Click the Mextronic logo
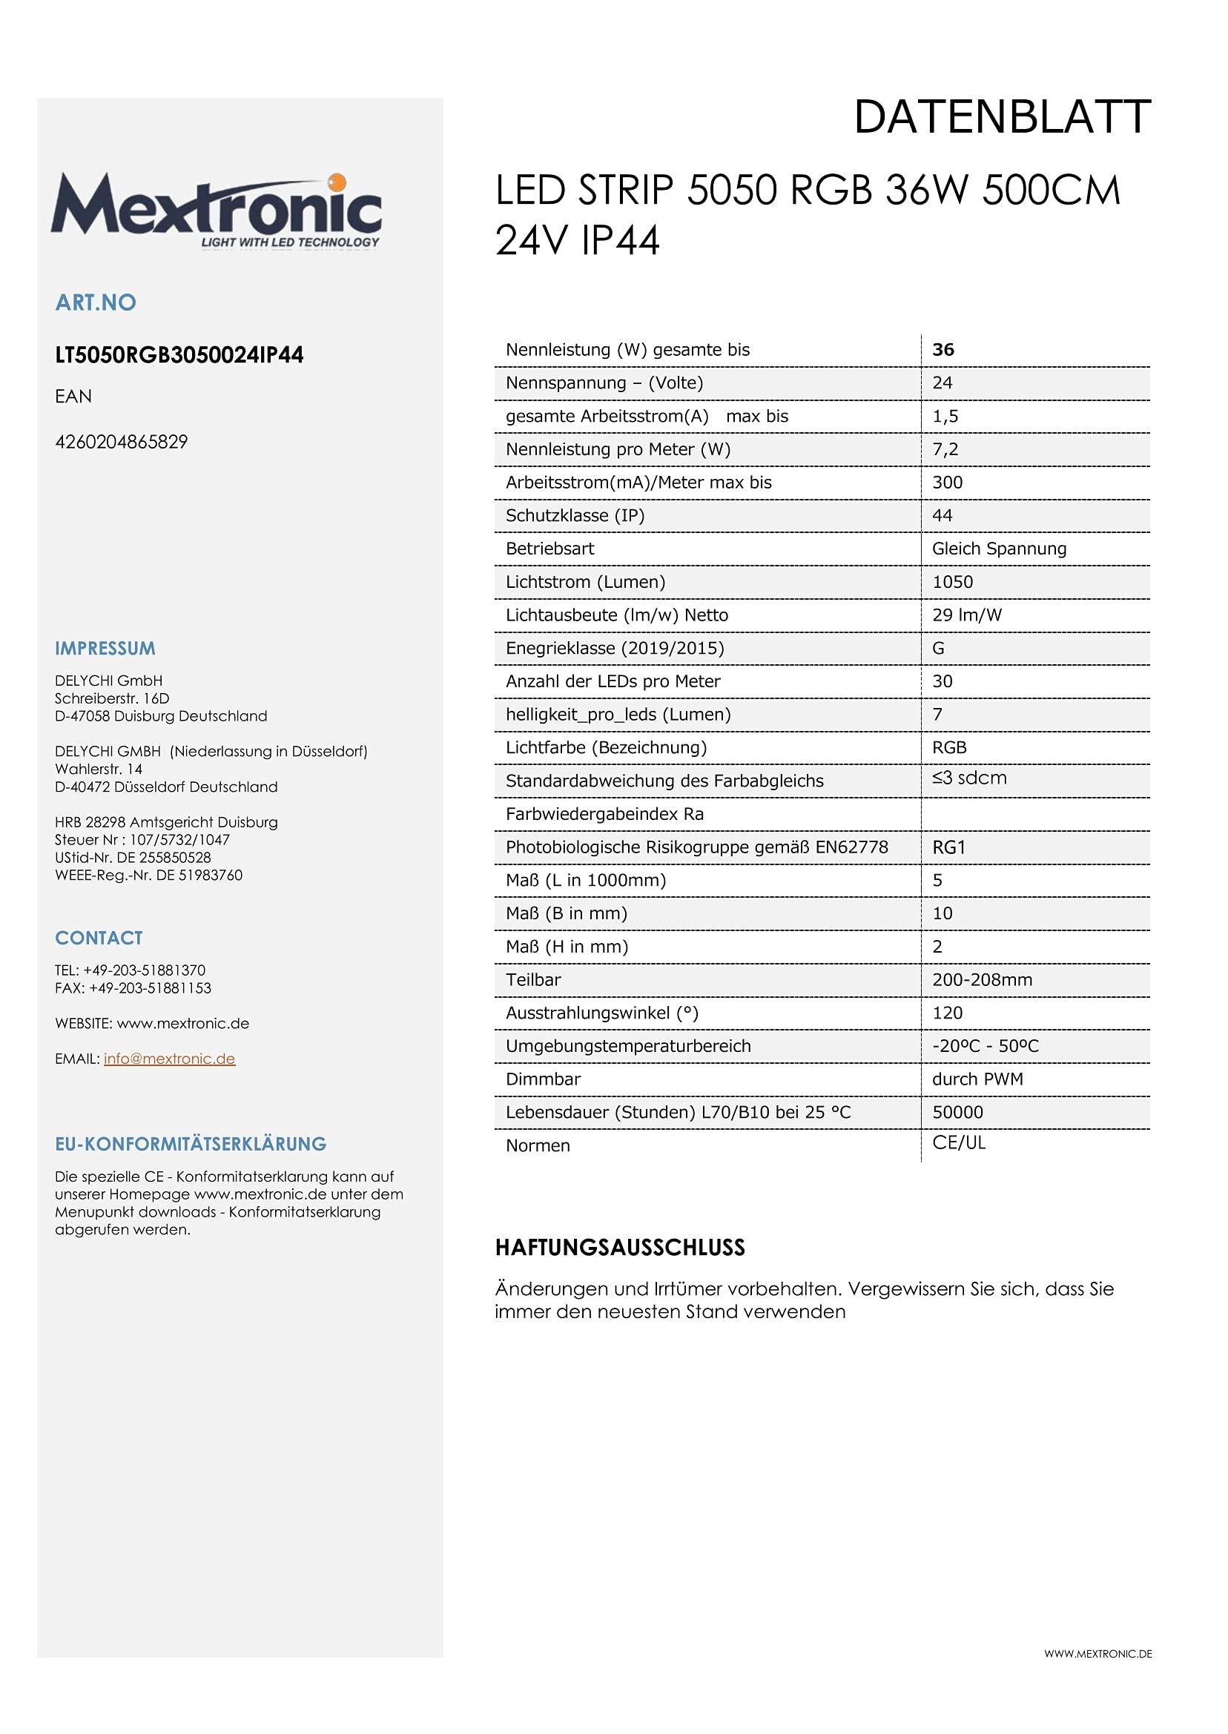point(217,210)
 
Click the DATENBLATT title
point(1002,118)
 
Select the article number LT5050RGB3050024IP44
point(179,355)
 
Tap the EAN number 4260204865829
point(121,442)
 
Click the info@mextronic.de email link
point(169,1059)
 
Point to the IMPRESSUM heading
point(105,649)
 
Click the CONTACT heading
point(99,938)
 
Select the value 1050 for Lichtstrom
point(953,582)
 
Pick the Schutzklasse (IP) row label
point(575,515)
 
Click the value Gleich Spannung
point(999,549)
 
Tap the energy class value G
point(938,649)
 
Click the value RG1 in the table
point(949,847)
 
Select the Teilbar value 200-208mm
point(983,980)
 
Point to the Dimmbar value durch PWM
point(977,1079)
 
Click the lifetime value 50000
point(957,1113)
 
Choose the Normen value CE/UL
point(959,1143)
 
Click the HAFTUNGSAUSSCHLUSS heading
point(620,1248)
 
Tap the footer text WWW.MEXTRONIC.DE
point(1098,1654)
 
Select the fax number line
point(133,989)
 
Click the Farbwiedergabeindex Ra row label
point(604,814)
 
